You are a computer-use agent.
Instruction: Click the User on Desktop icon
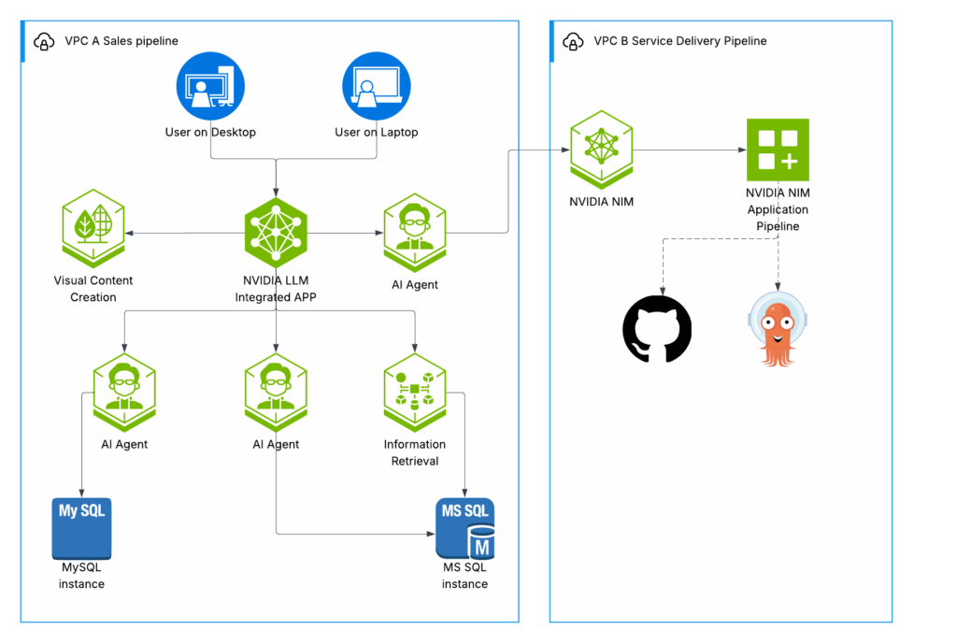coord(210,86)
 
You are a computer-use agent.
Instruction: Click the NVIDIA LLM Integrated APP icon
coord(276,233)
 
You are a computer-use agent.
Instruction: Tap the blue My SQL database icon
coord(81,528)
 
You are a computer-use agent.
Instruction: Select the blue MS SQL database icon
coord(464,529)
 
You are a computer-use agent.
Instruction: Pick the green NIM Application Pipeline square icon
coord(778,150)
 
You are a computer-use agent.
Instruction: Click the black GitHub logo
coord(657,329)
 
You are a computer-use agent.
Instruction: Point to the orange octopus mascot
coord(778,329)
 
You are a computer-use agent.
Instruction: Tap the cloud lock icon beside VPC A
coord(43,41)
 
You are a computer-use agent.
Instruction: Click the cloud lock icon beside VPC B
coord(572,41)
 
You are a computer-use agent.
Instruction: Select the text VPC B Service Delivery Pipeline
coord(679,41)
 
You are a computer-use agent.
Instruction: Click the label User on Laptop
coord(377,133)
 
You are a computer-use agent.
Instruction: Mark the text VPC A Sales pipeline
coord(121,41)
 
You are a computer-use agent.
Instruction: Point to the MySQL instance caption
coord(81,576)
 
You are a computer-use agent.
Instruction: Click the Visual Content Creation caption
coord(93,289)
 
